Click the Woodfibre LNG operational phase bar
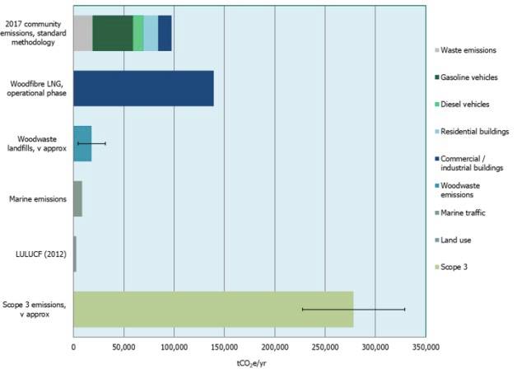(x=143, y=88)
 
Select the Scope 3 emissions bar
(x=213, y=309)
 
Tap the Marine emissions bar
(x=77, y=198)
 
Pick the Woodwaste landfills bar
(x=82, y=143)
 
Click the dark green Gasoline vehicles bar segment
(x=112, y=33)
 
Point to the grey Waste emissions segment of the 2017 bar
(x=82, y=33)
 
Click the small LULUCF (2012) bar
(x=75, y=254)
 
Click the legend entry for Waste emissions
(x=468, y=50)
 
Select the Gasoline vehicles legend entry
(x=468, y=77)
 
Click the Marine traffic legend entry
(x=463, y=213)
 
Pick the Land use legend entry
(x=458, y=240)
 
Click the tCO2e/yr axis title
(x=249, y=364)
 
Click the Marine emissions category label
(x=37, y=198)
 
